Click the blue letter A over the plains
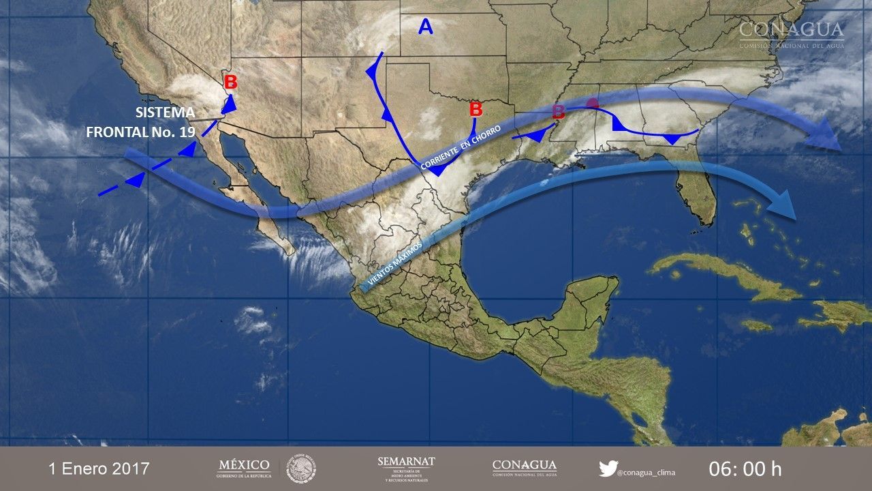click(x=426, y=27)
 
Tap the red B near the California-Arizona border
click(x=231, y=83)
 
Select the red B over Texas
click(x=476, y=109)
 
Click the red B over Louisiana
click(x=558, y=111)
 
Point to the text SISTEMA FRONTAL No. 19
click(x=140, y=122)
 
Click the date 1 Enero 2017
click(x=99, y=469)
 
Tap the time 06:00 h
click(x=745, y=469)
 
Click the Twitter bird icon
click(x=608, y=468)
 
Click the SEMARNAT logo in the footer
click(x=406, y=468)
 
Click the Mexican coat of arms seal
click(x=300, y=468)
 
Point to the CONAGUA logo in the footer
click(x=524, y=468)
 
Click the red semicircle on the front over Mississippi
click(x=593, y=104)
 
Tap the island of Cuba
click(x=722, y=273)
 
